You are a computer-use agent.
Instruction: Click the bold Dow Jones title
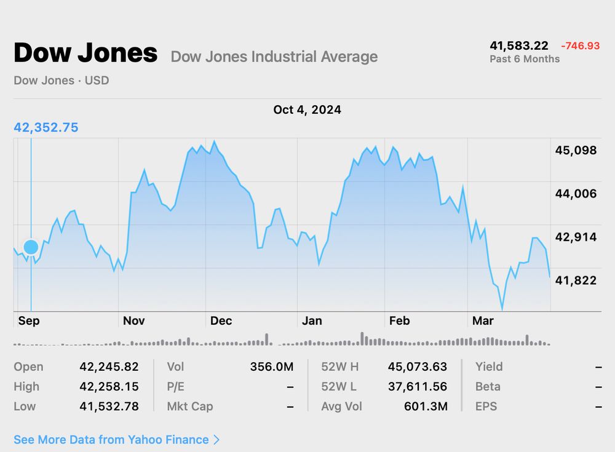coord(85,54)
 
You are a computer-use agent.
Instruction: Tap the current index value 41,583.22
coord(518,46)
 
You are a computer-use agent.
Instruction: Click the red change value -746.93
coord(580,46)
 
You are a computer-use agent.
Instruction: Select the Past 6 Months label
coord(525,59)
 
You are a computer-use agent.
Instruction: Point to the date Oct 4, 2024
coord(307,110)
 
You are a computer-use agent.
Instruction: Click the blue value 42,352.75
coord(46,128)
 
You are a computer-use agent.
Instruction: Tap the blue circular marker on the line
coord(31,247)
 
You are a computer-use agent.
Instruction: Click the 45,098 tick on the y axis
coord(576,151)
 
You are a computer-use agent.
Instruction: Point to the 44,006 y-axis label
coord(576,194)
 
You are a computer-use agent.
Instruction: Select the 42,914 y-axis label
coord(576,237)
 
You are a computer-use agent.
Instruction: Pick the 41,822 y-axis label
coord(576,280)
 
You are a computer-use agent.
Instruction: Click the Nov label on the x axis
coord(134,321)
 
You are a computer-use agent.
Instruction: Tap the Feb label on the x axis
coord(399,321)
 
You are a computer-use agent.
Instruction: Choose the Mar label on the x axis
coord(483,321)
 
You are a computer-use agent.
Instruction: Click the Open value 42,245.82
coord(109,367)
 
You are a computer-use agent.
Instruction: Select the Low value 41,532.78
coord(109,406)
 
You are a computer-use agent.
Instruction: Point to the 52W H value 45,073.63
coord(417,367)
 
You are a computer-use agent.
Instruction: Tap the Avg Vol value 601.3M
coord(426,406)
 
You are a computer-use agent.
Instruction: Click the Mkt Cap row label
coord(189,406)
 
